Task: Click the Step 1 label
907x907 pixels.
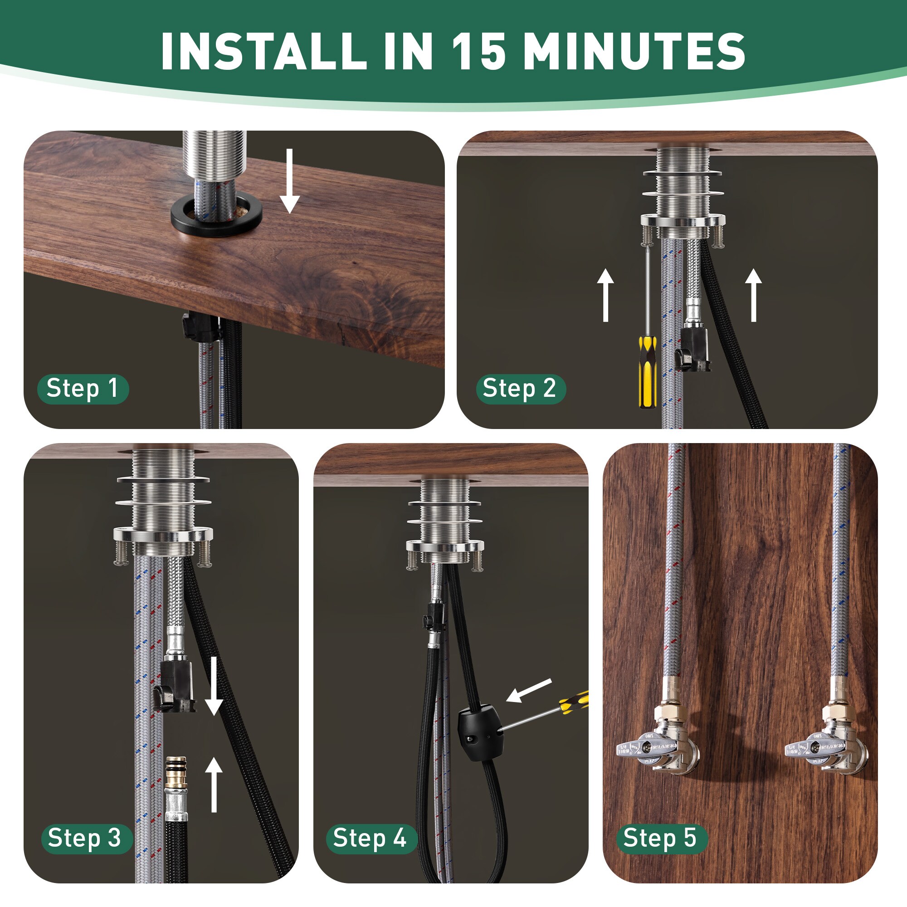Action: pos(83,389)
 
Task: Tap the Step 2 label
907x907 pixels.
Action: pos(520,389)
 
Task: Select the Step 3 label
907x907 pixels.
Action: pos(85,839)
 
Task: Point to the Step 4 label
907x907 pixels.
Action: pos(370,839)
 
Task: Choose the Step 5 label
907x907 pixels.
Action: pos(659,839)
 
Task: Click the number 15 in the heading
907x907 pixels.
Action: pos(478,52)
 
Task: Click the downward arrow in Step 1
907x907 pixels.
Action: pos(290,181)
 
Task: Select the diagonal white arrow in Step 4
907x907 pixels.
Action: pos(530,691)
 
